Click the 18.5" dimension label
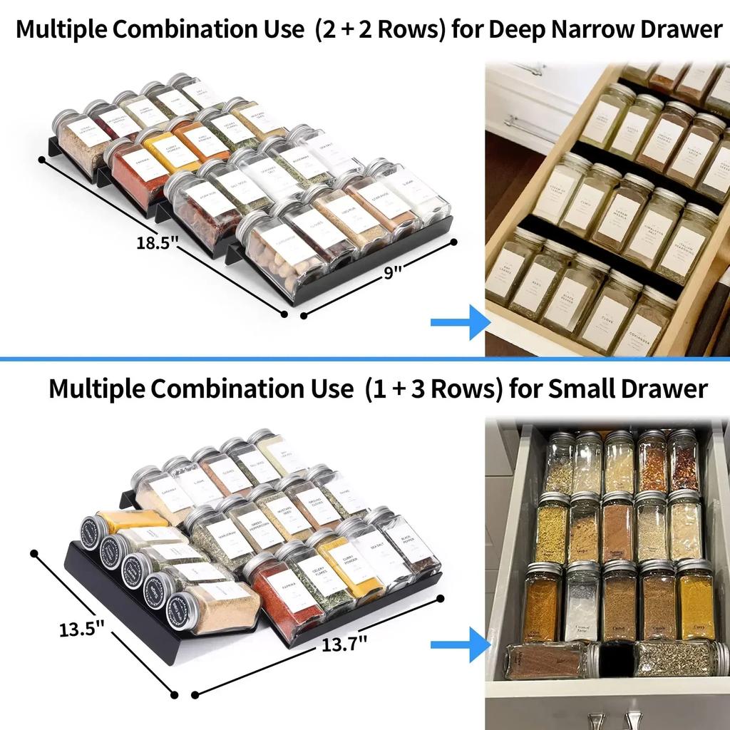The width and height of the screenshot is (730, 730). (x=158, y=242)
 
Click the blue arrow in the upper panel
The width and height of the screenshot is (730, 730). (x=459, y=322)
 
